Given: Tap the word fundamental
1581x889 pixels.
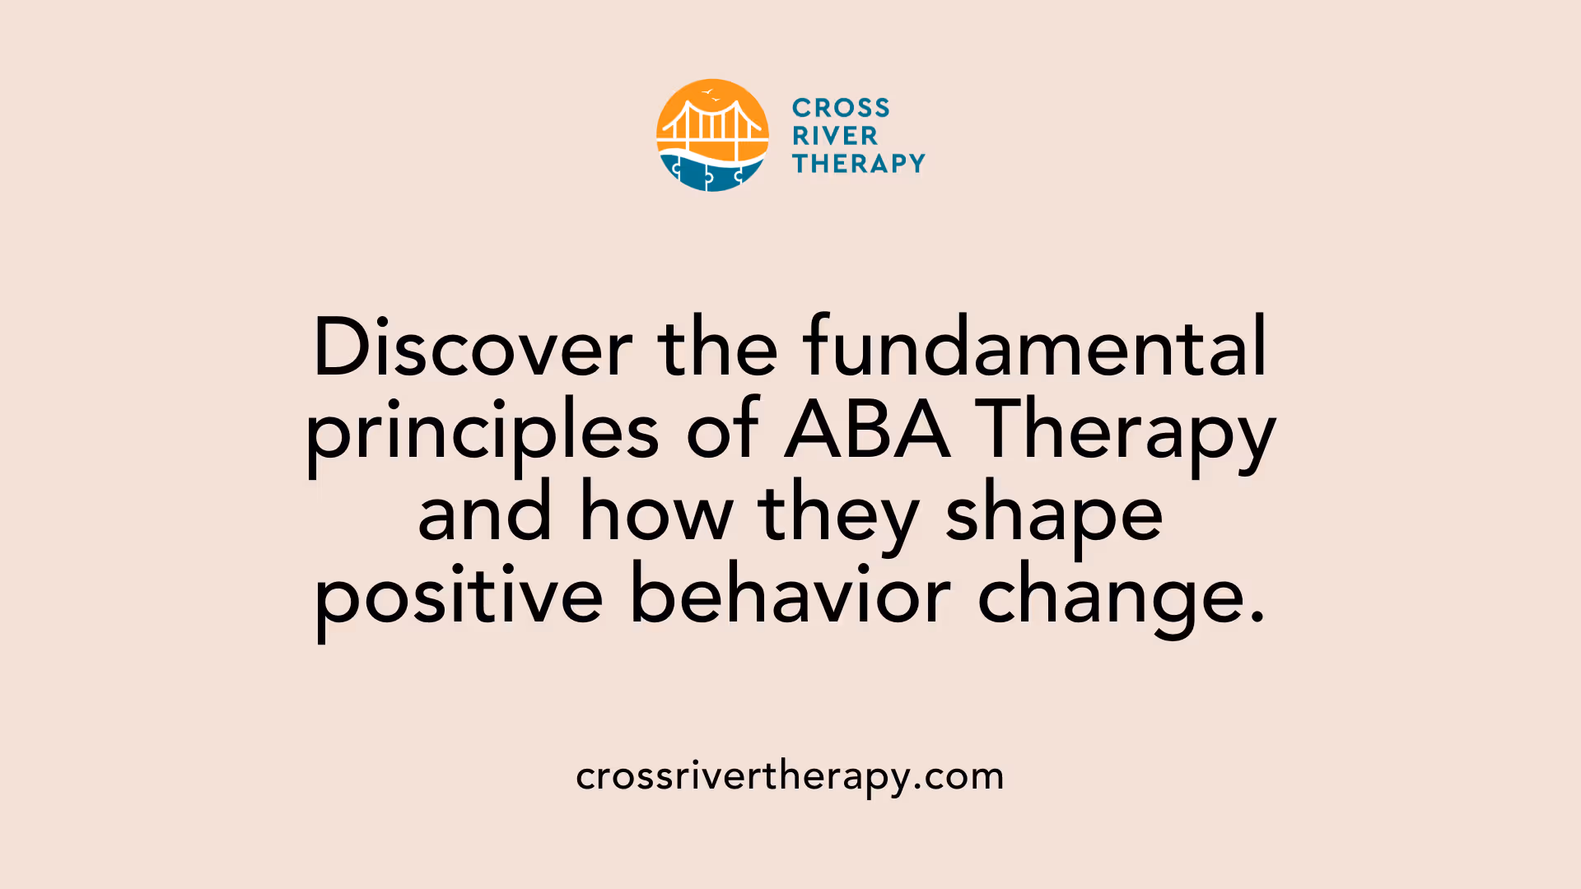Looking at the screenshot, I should pos(1035,347).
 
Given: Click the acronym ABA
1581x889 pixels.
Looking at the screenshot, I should pos(868,430).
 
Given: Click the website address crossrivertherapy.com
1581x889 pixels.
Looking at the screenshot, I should pos(790,776).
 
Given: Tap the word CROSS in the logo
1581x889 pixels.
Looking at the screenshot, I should pos(841,108).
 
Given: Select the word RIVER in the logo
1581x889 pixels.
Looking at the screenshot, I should pos(835,136).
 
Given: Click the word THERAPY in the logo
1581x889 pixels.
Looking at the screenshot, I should pos(859,164).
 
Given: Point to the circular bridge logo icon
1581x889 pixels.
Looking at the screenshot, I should pos(712,135).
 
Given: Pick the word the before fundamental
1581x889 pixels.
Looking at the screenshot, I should pos(717,347).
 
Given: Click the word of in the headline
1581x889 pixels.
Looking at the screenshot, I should pos(723,430).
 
